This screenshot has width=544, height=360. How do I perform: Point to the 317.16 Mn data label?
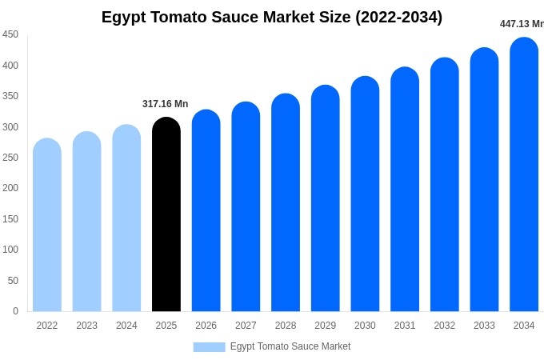[165, 104]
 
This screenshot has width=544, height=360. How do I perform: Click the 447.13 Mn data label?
[521, 24]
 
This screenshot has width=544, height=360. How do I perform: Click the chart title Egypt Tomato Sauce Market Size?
[272, 17]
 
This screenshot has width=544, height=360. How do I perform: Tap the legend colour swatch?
[209, 347]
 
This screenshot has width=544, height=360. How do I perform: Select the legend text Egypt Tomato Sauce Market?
[290, 346]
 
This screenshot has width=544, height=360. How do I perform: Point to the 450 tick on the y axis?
[10, 34]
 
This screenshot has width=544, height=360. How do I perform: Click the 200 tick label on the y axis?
[10, 188]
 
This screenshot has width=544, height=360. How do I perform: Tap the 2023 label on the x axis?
[86, 326]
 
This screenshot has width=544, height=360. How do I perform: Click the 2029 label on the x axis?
[325, 326]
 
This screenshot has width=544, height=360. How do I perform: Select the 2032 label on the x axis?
[444, 326]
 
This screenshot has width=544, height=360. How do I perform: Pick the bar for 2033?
[484, 179]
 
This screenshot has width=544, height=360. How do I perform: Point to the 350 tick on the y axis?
[10, 96]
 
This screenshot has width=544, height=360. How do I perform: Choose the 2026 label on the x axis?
[206, 326]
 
